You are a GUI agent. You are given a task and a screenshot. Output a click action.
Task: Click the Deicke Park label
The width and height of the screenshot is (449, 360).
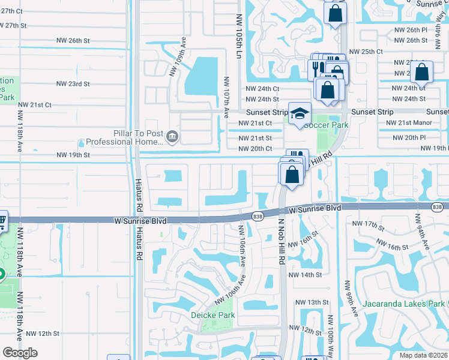point(213,315)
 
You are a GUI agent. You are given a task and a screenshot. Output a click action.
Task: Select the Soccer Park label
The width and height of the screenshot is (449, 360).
point(326,125)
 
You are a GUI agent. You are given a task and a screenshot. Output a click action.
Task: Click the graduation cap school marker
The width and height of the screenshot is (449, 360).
point(300,113)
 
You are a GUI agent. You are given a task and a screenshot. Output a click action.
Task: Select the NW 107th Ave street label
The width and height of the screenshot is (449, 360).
point(227,97)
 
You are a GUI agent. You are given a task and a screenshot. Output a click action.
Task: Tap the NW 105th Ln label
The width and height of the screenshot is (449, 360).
point(239,35)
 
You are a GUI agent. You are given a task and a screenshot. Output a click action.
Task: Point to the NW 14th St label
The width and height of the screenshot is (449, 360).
point(305,275)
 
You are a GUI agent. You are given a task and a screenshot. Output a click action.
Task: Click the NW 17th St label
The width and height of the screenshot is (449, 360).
point(370,226)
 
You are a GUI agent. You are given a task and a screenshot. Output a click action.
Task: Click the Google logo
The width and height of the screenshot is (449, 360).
point(20,353)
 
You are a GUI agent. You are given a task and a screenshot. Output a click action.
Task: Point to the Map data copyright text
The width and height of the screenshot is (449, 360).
point(423,355)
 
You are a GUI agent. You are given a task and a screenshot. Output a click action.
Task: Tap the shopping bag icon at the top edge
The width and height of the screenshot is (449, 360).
point(335,12)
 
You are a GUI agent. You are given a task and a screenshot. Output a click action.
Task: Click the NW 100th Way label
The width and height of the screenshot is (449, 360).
point(331,342)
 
